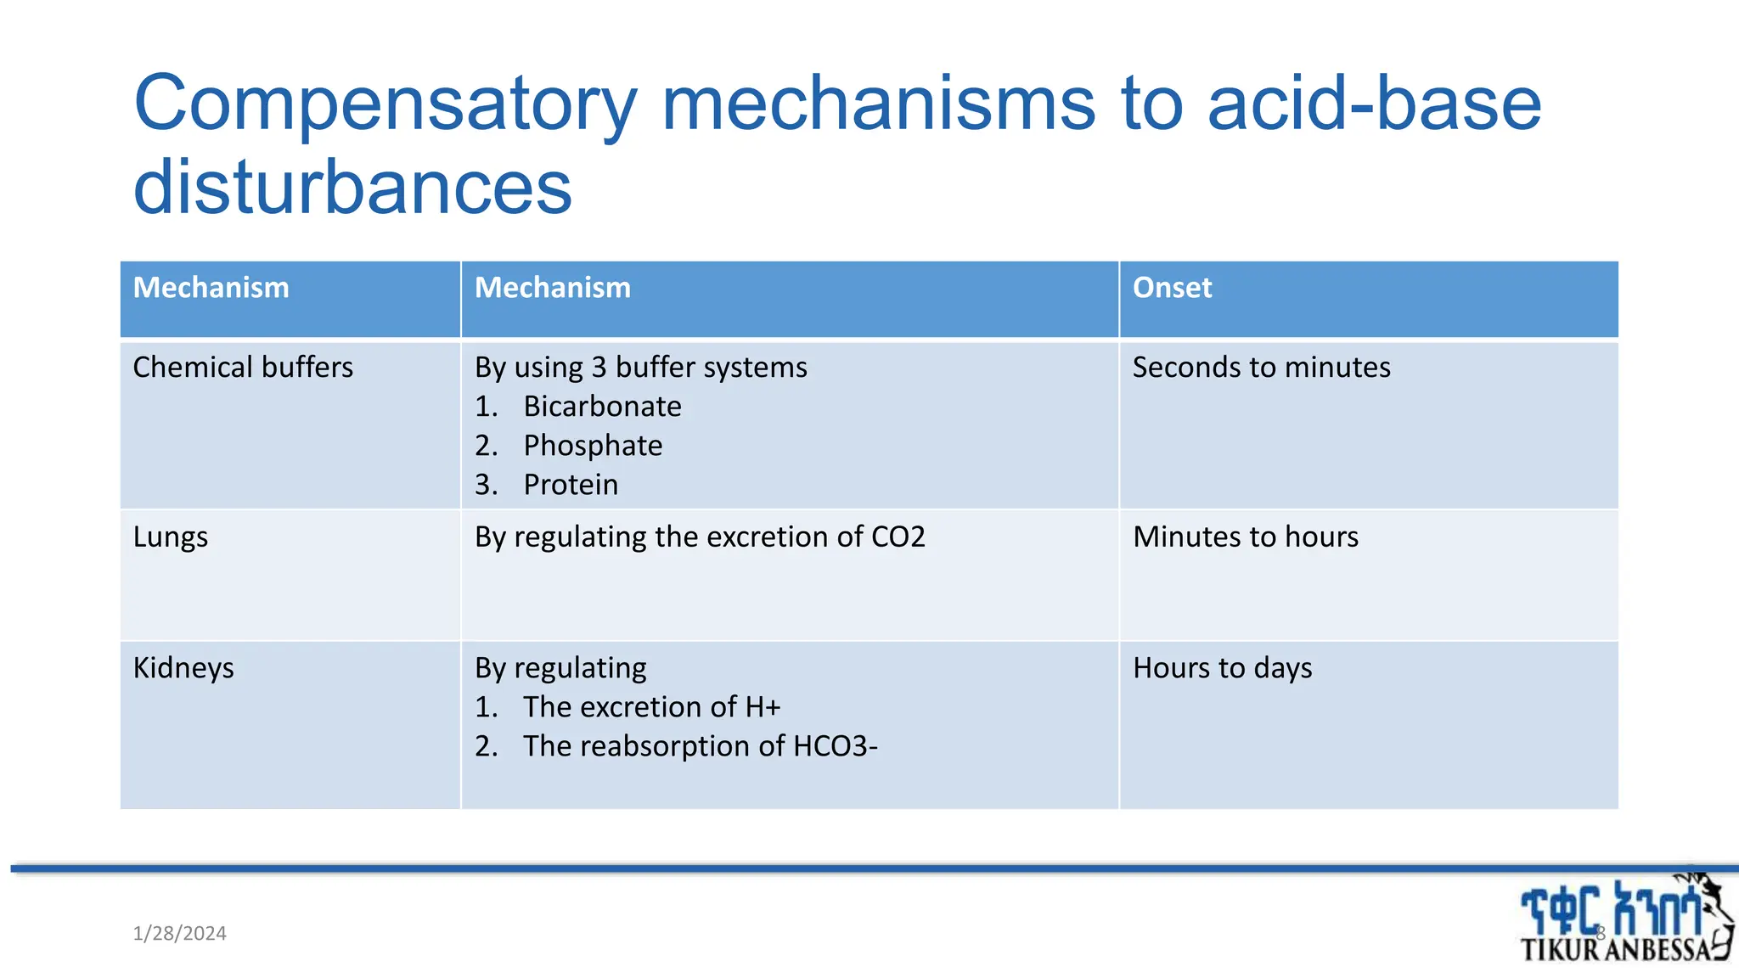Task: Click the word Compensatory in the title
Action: (386, 105)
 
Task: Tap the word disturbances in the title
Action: (352, 187)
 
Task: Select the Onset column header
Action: (1172, 288)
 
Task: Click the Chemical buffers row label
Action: (243, 368)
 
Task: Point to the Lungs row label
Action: (171, 537)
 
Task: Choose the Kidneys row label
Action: (183, 668)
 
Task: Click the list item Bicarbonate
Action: (602, 407)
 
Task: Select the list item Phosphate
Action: (593, 446)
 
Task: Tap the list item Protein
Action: (571, 485)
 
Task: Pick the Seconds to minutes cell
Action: (1261, 368)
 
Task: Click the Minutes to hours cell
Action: (1246, 537)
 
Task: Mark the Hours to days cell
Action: (1222, 668)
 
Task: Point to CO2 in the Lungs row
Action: (898, 537)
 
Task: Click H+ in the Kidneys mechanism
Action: (763, 707)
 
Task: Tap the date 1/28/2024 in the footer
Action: (180, 934)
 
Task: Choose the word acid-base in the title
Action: (1373, 105)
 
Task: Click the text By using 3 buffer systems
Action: (641, 368)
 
